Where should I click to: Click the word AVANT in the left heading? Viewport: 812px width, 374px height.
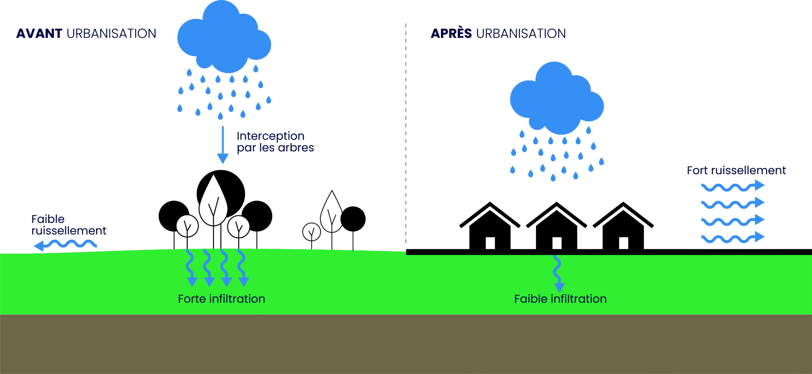tap(39, 34)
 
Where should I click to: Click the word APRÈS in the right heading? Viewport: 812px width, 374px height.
tap(451, 34)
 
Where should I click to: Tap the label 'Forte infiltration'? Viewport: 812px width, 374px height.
tap(221, 299)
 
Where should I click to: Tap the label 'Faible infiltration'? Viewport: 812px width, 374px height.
tap(560, 299)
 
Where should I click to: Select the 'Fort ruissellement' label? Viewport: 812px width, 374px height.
tap(736, 171)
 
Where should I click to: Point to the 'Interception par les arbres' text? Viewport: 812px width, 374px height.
tap(275, 142)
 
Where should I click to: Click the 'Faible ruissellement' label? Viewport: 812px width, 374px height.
tap(69, 225)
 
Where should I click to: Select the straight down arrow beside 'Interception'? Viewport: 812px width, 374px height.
tap(223, 144)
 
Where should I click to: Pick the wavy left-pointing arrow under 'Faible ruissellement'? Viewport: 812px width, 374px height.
tap(65, 245)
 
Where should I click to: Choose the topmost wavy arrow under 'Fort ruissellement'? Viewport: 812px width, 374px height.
tap(733, 186)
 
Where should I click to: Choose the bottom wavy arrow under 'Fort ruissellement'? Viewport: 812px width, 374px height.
tap(733, 238)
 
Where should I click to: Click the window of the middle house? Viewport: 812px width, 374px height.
tap(557, 243)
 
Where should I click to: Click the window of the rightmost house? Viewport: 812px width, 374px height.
tap(623, 243)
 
